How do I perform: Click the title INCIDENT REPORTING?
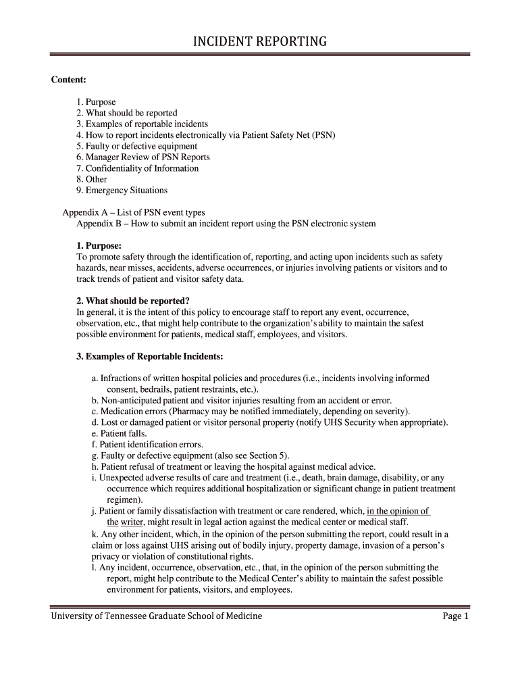(260, 42)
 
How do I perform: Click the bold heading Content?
(68, 80)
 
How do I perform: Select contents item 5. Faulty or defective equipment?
(136, 146)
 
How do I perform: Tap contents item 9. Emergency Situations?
(122, 190)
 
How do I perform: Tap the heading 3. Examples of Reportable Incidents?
(149, 356)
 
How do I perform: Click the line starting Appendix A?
(134, 212)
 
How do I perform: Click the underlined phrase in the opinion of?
(398, 511)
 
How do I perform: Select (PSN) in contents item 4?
(323, 135)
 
